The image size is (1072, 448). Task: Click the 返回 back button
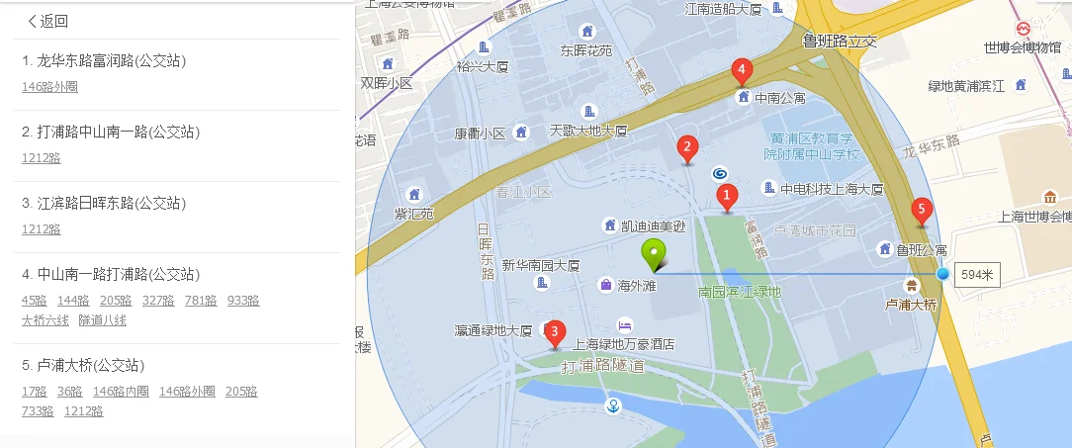click(x=47, y=21)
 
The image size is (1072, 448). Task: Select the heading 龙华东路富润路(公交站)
click(x=104, y=61)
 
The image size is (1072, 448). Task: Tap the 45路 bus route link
click(x=35, y=301)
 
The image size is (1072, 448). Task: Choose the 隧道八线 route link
click(x=103, y=320)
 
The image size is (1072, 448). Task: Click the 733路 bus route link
click(x=38, y=411)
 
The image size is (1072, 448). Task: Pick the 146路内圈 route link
click(x=121, y=392)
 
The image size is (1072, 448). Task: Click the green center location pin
click(x=654, y=254)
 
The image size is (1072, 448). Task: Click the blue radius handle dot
click(x=942, y=274)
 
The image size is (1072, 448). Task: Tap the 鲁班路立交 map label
click(x=840, y=42)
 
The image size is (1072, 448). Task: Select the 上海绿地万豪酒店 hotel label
click(x=624, y=344)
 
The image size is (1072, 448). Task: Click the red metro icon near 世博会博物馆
click(x=1022, y=29)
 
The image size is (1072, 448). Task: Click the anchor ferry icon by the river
click(x=613, y=404)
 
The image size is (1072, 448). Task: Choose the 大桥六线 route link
click(x=45, y=320)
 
